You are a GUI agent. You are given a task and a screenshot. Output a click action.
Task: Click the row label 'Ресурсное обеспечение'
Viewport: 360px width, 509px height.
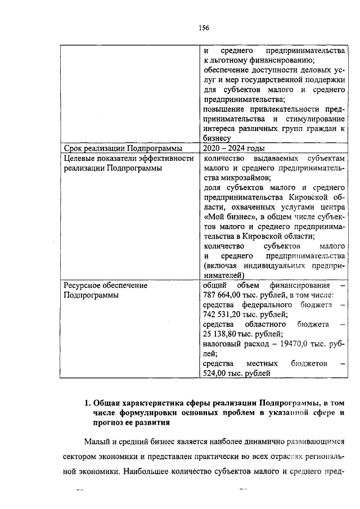tap(105, 285)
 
